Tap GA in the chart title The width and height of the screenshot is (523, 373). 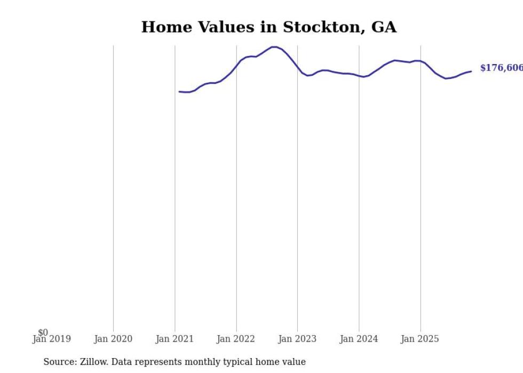tap(384, 27)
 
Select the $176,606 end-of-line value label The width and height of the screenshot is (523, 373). tap(501, 68)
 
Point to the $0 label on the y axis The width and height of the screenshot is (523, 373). tap(43, 333)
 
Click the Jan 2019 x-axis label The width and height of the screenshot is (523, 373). tap(51, 339)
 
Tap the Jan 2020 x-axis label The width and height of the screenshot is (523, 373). tap(113, 339)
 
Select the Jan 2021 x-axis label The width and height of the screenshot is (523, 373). tap(175, 339)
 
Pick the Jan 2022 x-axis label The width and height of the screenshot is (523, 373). tap(236, 339)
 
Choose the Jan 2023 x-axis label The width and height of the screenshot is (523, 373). tap(297, 339)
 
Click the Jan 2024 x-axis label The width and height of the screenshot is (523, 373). tap(359, 339)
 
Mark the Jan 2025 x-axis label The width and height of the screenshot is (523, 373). tap(420, 339)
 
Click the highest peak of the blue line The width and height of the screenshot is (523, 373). tap(274, 47)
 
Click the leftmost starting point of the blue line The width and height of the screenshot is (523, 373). tap(179, 92)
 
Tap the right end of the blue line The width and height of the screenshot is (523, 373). tap(471, 71)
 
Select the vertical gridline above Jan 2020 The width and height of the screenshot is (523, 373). tap(113, 187)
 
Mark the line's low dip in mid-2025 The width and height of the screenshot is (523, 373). tap(446, 78)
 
